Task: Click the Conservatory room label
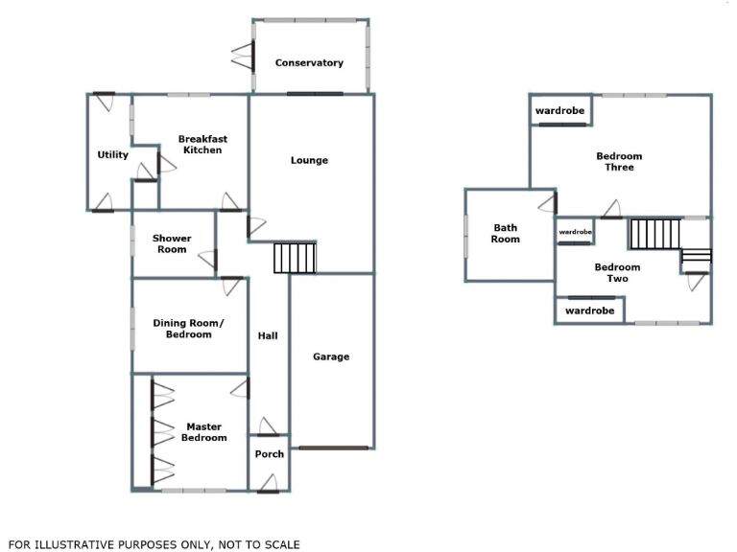pyautogui.click(x=309, y=63)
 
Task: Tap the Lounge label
pyautogui.click(x=309, y=160)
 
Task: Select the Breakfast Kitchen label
pyautogui.click(x=202, y=145)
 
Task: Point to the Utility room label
pyautogui.click(x=113, y=155)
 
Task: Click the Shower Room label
pyautogui.click(x=172, y=244)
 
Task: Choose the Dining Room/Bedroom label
pyautogui.click(x=188, y=329)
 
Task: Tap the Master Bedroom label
pyautogui.click(x=203, y=432)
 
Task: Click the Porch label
pyautogui.click(x=269, y=454)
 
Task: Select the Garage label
pyautogui.click(x=331, y=356)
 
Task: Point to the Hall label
pyautogui.click(x=268, y=335)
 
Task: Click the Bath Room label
pyautogui.click(x=506, y=233)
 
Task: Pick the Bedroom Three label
pyautogui.click(x=619, y=162)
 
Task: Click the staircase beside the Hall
pyautogui.click(x=295, y=259)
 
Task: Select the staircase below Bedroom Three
pyautogui.click(x=654, y=234)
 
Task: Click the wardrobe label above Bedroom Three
pyautogui.click(x=559, y=111)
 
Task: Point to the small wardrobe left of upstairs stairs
pyautogui.click(x=575, y=232)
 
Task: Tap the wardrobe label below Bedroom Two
pyautogui.click(x=589, y=310)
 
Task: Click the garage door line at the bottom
pyautogui.click(x=333, y=448)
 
